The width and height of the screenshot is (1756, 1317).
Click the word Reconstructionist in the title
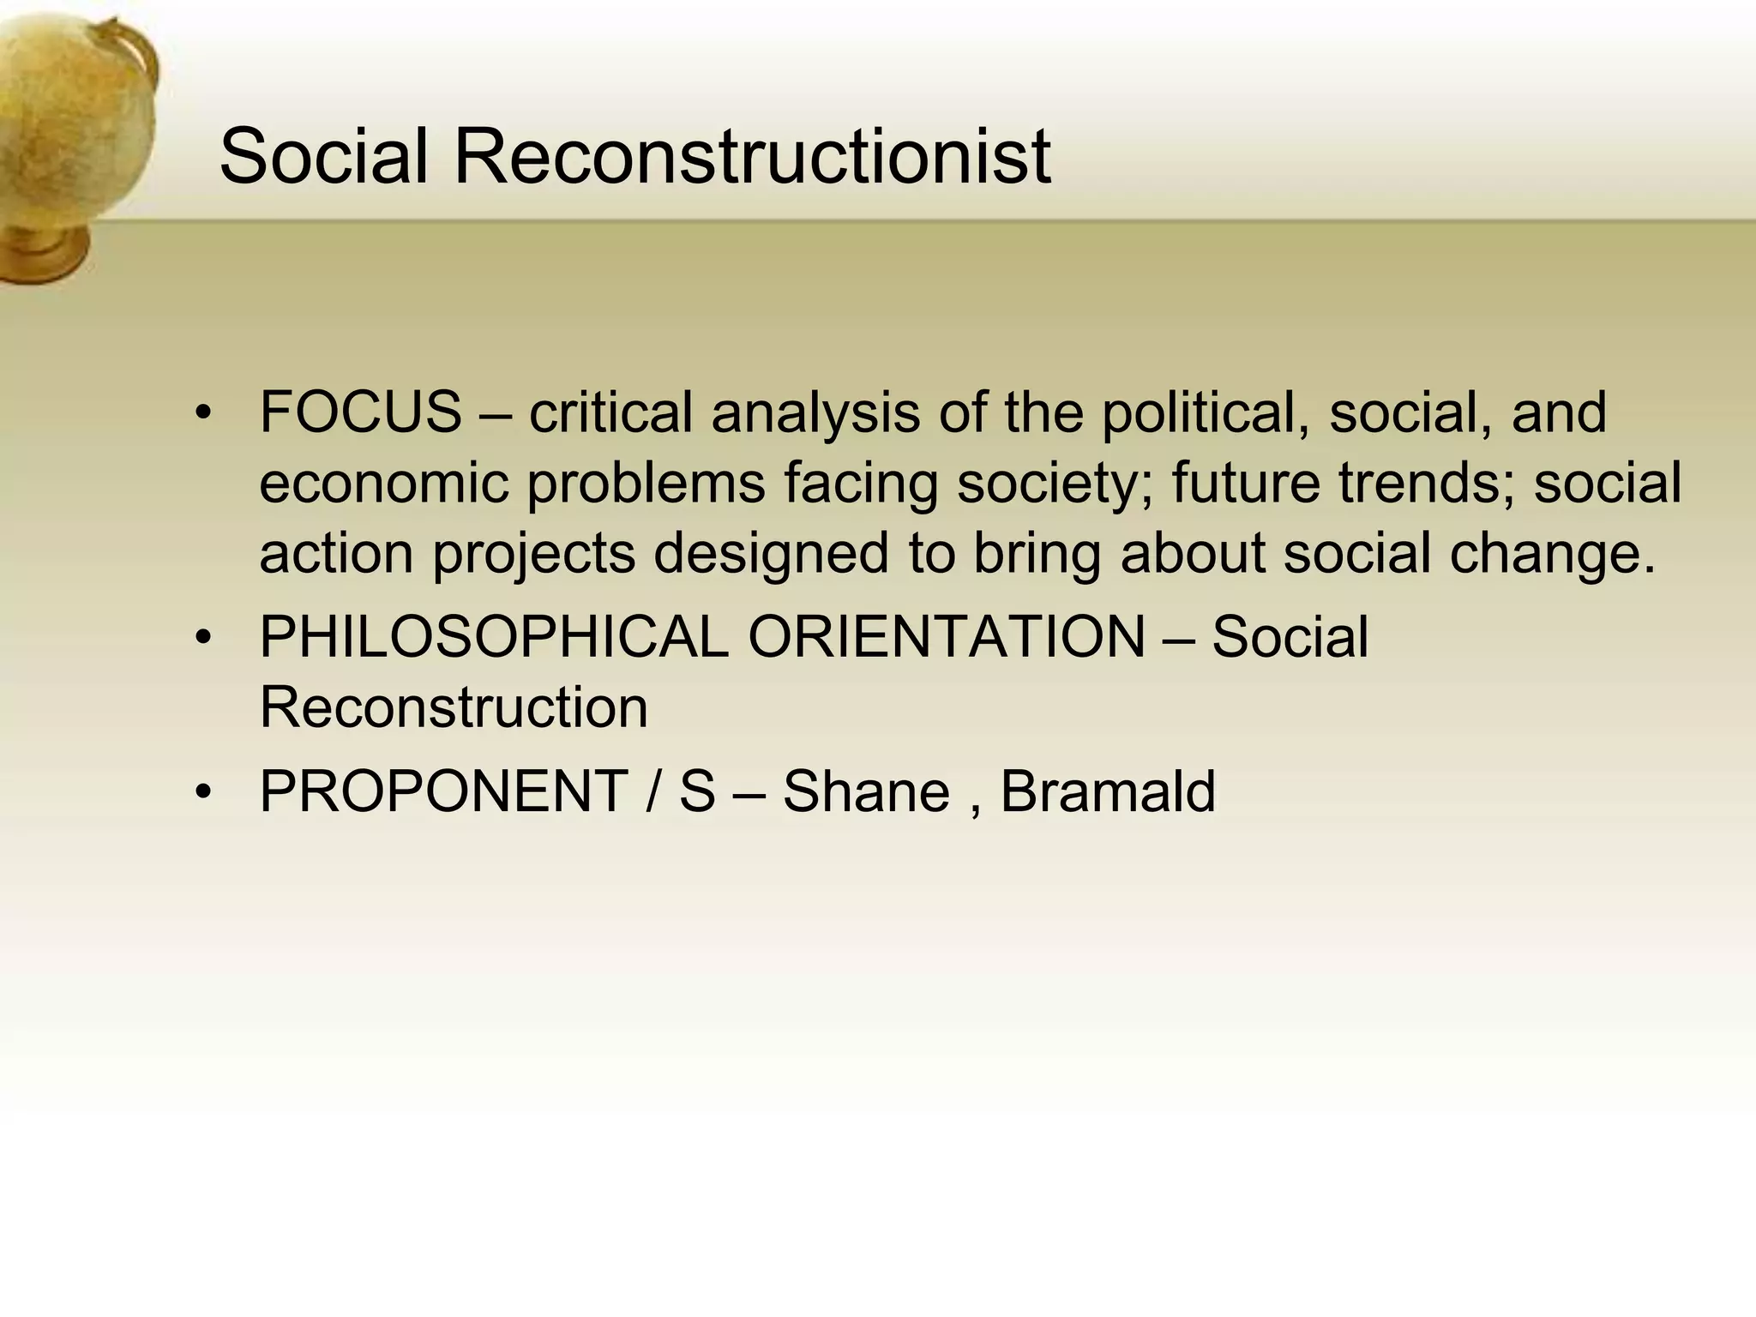(751, 156)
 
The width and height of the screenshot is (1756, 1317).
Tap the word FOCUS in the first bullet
(360, 412)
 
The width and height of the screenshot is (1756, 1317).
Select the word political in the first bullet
(1206, 412)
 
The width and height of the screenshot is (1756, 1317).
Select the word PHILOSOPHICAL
(493, 637)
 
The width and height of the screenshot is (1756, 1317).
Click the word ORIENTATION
(947, 637)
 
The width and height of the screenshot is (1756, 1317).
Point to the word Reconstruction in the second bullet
(454, 707)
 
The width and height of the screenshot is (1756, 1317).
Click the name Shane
(866, 791)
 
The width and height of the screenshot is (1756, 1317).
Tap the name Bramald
(1108, 791)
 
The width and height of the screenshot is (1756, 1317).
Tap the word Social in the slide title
(323, 156)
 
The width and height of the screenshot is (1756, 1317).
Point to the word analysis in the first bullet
(815, 412)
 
